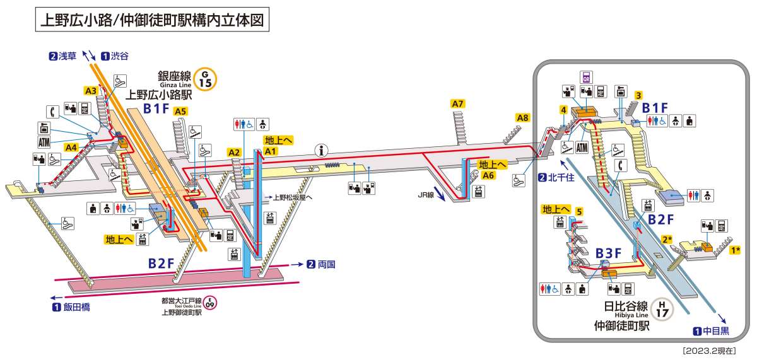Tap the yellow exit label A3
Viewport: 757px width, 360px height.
[x=91, y=91]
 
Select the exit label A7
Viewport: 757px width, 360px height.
[x=458, y=103]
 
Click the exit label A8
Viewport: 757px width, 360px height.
[x=522, y=117]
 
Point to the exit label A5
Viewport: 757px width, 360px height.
[x=181, y=111]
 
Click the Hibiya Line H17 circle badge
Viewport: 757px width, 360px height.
[x=662, y=310]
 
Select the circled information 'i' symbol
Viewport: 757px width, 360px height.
[x=324, y=150]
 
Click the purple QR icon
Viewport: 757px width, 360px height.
[x=587, y=78]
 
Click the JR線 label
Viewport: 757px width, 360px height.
[x=426, y=195]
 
